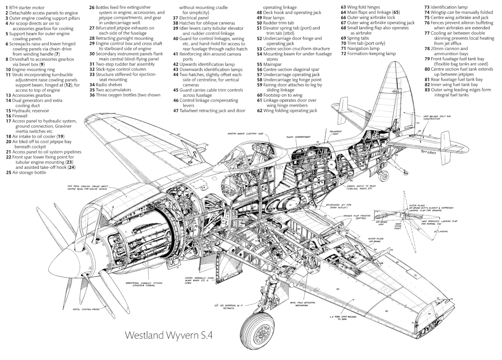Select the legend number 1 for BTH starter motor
pos(3,8)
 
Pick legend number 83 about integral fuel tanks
pos(427,89)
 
